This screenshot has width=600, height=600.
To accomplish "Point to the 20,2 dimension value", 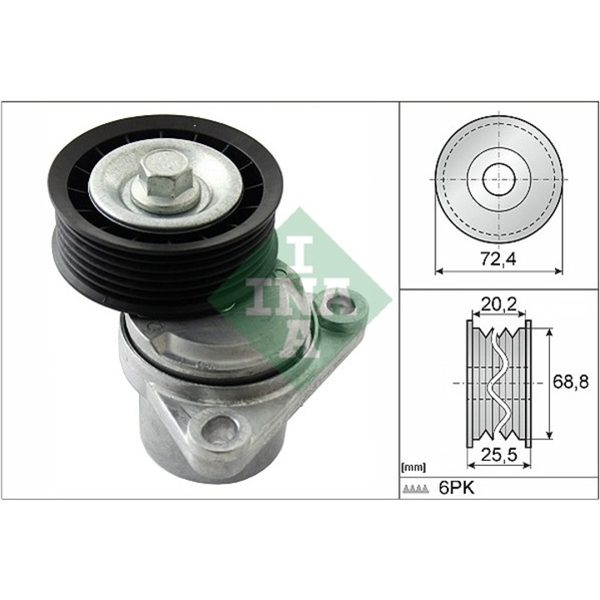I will point(499,304).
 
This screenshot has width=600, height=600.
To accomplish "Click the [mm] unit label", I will point(413,467).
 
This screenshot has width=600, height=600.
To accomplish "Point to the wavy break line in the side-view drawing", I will point(499,382).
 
